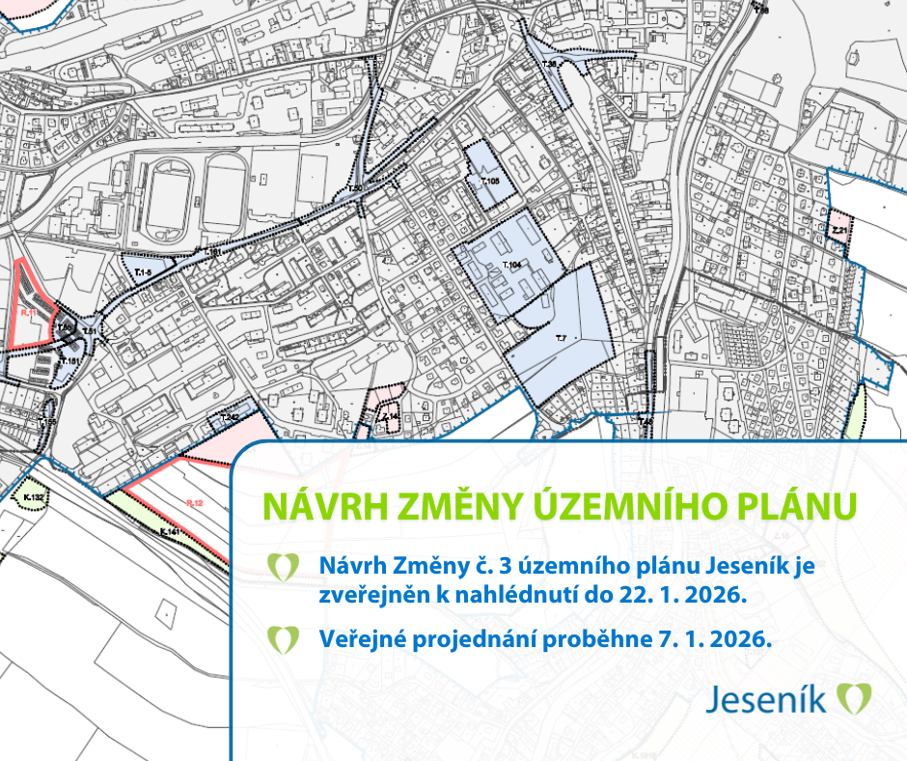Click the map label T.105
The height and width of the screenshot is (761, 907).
click(x=488, y=182)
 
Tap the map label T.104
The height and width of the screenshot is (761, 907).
click(x=512, y=264)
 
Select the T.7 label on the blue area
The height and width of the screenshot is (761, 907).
click(x=560, y=336)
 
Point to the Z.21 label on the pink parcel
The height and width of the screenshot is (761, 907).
click(x=839, y=232)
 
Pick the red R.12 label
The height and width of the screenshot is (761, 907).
click(x=193, y=502)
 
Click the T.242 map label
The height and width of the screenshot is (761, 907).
click(x=229, y=417)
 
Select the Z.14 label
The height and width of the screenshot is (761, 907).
click(x=390, y=416)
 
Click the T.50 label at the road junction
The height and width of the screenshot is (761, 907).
click(x=355, y=188)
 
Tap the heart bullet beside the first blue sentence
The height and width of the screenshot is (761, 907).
click(x=283, y=567)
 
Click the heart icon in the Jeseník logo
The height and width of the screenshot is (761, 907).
click(x=854, y=697)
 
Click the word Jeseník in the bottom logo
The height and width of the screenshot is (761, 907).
click(x=766, y=698)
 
